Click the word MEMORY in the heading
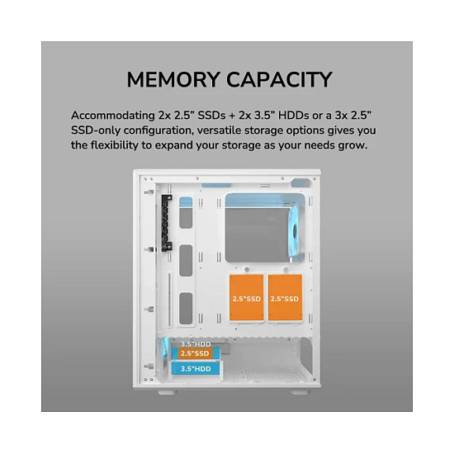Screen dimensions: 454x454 [x=173, y=79]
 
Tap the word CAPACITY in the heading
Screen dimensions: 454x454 [x=279, y=79]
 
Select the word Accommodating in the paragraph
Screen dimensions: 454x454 [x=113, y=116]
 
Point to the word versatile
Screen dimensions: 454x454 [x=219, y=130]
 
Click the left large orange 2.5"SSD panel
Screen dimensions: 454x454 [x=247, y=298]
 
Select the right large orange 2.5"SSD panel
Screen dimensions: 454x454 [x=286, y=298]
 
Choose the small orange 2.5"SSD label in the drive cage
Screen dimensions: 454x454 [x=195, y=353]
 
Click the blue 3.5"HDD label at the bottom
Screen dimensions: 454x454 [x=196, y=369]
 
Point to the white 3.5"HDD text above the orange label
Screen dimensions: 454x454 [x=196, y=344]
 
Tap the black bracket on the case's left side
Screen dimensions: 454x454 [x=167, y=223]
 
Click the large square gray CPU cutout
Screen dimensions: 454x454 [x=257, y=235]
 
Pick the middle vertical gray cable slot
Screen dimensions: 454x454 [x=186, y=261]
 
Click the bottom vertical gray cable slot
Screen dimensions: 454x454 [x=186, y=309]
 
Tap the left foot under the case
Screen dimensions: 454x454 [x=168, y=392]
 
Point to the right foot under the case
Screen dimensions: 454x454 [x=300, y=392]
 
